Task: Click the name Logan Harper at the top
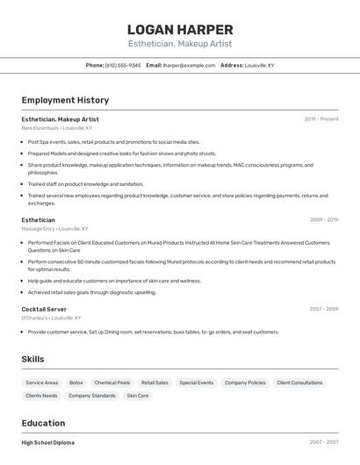180,30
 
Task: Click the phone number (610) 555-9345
123,66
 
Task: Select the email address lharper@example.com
189,66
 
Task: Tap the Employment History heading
65,100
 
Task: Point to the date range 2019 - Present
320,119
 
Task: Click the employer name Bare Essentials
40,128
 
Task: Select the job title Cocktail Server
44,309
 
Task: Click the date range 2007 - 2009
323,309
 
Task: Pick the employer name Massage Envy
38,229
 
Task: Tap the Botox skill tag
76,383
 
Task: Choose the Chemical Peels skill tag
112,383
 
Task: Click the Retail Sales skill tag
155,383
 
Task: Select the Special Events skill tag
197,383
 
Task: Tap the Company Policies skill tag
245,383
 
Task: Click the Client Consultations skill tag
299,383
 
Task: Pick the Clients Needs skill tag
41,396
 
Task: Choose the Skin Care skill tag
137,396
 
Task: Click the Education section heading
43,422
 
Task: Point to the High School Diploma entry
48,443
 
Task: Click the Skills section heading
33,359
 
